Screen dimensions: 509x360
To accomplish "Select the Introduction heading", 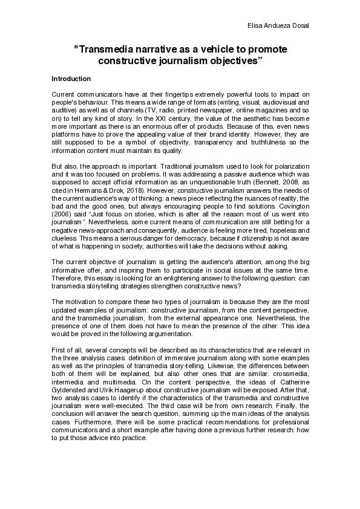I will point(71,79).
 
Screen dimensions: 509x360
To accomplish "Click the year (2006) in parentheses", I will point(62,222).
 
